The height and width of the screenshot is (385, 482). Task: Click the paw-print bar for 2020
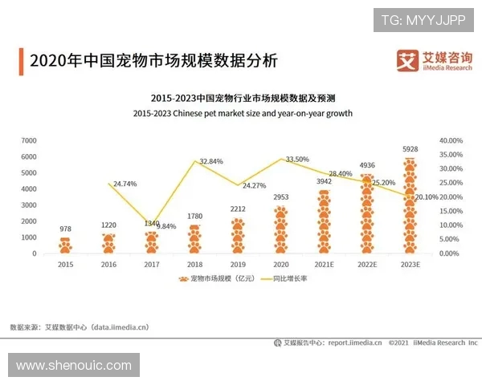[280, 230]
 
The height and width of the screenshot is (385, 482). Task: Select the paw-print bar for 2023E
[410, 206]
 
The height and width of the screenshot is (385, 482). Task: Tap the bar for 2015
[66, 245]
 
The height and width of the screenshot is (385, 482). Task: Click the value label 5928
[410, 149]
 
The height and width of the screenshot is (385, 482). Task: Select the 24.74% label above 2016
[125, 184]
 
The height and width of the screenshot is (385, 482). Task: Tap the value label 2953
[280, 197]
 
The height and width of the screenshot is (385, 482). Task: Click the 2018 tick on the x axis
[194, 264]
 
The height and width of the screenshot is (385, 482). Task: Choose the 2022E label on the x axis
[366, 264]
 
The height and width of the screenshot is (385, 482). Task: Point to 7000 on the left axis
[29, 140]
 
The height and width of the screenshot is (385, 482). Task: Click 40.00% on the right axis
[450, 140]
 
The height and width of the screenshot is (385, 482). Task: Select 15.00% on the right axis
[450, 211]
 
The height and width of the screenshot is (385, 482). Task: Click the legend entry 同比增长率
[286, 279]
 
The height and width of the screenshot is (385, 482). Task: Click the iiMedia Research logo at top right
[435, 60]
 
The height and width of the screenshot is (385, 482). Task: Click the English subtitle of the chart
[243, 114]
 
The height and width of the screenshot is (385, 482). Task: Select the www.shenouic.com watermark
[73, 366]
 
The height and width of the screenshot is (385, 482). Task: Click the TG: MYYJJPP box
[423, 19]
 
